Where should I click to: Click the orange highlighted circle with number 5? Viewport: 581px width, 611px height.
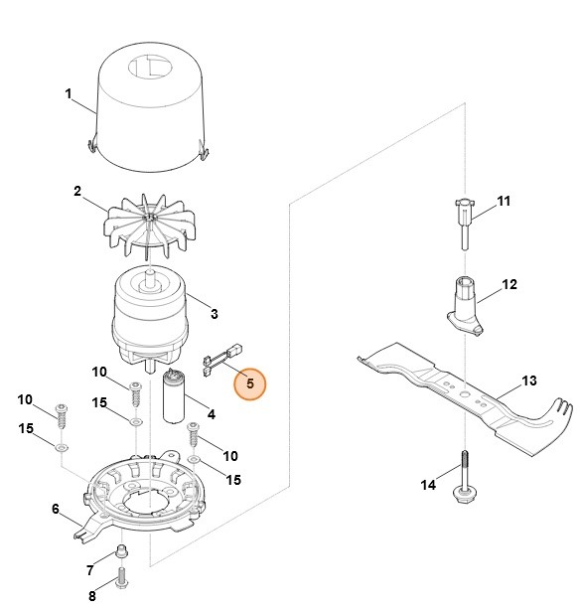click(x=250, y=382)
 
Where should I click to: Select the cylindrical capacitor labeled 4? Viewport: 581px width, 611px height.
click(x=177, y=398)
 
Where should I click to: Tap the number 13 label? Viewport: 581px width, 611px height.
click(x=528, y=381)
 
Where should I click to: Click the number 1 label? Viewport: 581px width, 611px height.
click(x=69, y=94)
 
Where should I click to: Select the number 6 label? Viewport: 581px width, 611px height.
click(x=55, y=509)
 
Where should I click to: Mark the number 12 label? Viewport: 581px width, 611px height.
click(x=508, y=284)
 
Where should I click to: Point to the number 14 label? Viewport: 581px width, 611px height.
click(x=428, y=485)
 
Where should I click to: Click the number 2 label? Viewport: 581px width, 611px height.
click(x=76, y=191)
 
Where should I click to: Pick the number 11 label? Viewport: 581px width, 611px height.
click(x=503, y=201)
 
